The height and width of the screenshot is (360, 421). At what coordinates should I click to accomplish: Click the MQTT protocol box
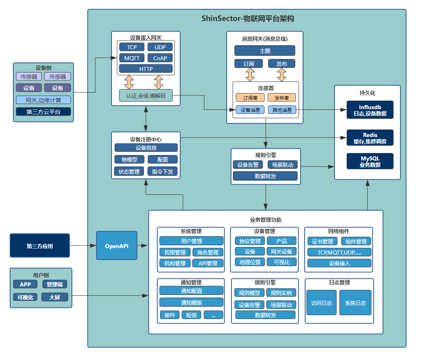132,58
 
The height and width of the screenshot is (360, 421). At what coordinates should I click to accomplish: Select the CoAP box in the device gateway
160,58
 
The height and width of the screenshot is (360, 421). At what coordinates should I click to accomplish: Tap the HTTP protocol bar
146,69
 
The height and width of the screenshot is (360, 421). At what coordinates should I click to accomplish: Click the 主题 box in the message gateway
265,51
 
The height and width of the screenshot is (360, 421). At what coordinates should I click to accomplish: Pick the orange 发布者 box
282,97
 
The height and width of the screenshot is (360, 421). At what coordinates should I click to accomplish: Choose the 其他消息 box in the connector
282,109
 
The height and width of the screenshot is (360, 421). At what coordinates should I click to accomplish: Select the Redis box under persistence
370,138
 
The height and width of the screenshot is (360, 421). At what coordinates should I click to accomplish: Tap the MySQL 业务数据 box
370,161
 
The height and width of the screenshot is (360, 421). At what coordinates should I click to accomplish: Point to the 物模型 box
129,160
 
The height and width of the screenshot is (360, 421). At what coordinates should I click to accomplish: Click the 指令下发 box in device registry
162,171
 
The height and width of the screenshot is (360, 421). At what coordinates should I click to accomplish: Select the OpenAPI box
117,245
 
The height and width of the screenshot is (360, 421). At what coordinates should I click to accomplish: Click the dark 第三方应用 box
40,246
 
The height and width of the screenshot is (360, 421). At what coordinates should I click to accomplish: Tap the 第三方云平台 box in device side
43,112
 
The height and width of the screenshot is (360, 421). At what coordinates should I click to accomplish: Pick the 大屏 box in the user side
55,297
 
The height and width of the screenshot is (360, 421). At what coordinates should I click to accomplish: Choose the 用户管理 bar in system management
191,241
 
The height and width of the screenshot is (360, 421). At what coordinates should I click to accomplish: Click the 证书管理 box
322,242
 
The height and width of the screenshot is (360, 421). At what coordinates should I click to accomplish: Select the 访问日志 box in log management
322,303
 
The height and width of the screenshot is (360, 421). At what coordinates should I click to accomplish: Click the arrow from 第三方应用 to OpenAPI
83,245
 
